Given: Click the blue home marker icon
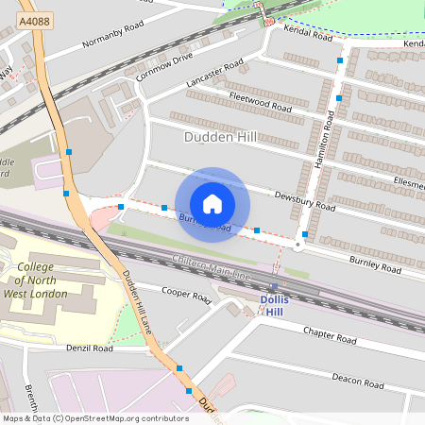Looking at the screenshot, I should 212,204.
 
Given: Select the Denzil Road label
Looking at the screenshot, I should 90,348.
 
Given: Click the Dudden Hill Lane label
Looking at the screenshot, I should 136,302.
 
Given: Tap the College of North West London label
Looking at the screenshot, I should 42,280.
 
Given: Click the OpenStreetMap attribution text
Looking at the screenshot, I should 95,417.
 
